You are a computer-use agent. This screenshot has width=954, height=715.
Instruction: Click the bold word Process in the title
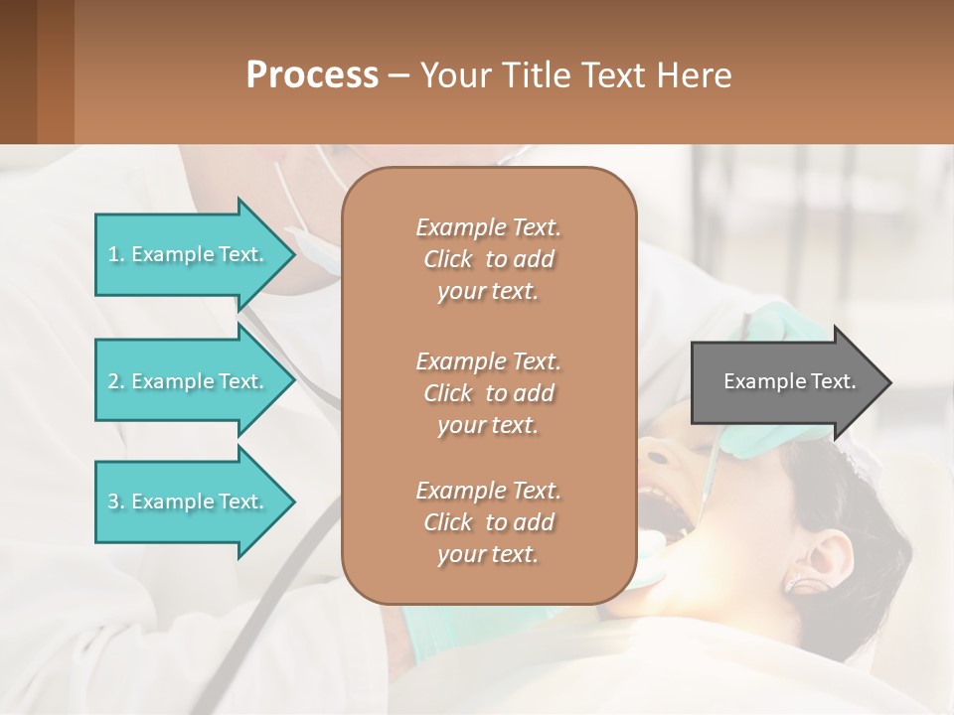pos(312,75)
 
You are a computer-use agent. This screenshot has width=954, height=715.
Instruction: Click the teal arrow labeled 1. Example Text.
pos(189,254)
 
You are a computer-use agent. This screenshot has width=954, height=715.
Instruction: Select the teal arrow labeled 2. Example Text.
pos(189,381)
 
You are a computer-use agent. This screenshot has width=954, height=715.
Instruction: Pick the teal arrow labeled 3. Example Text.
pos(189,501)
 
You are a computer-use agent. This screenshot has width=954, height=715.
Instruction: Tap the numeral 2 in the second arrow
pos(113,381)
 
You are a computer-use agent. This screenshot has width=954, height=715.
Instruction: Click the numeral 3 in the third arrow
pos(113,501)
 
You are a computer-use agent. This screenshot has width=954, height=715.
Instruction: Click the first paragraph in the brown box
pos(488,259)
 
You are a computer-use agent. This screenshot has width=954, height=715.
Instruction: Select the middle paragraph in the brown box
pos(488,393)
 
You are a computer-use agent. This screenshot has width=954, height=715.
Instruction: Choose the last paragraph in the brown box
pos(488,522)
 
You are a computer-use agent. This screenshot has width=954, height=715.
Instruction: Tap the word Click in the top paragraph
pos(448,259)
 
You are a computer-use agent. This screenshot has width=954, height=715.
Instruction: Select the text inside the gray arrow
pos(789,381)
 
